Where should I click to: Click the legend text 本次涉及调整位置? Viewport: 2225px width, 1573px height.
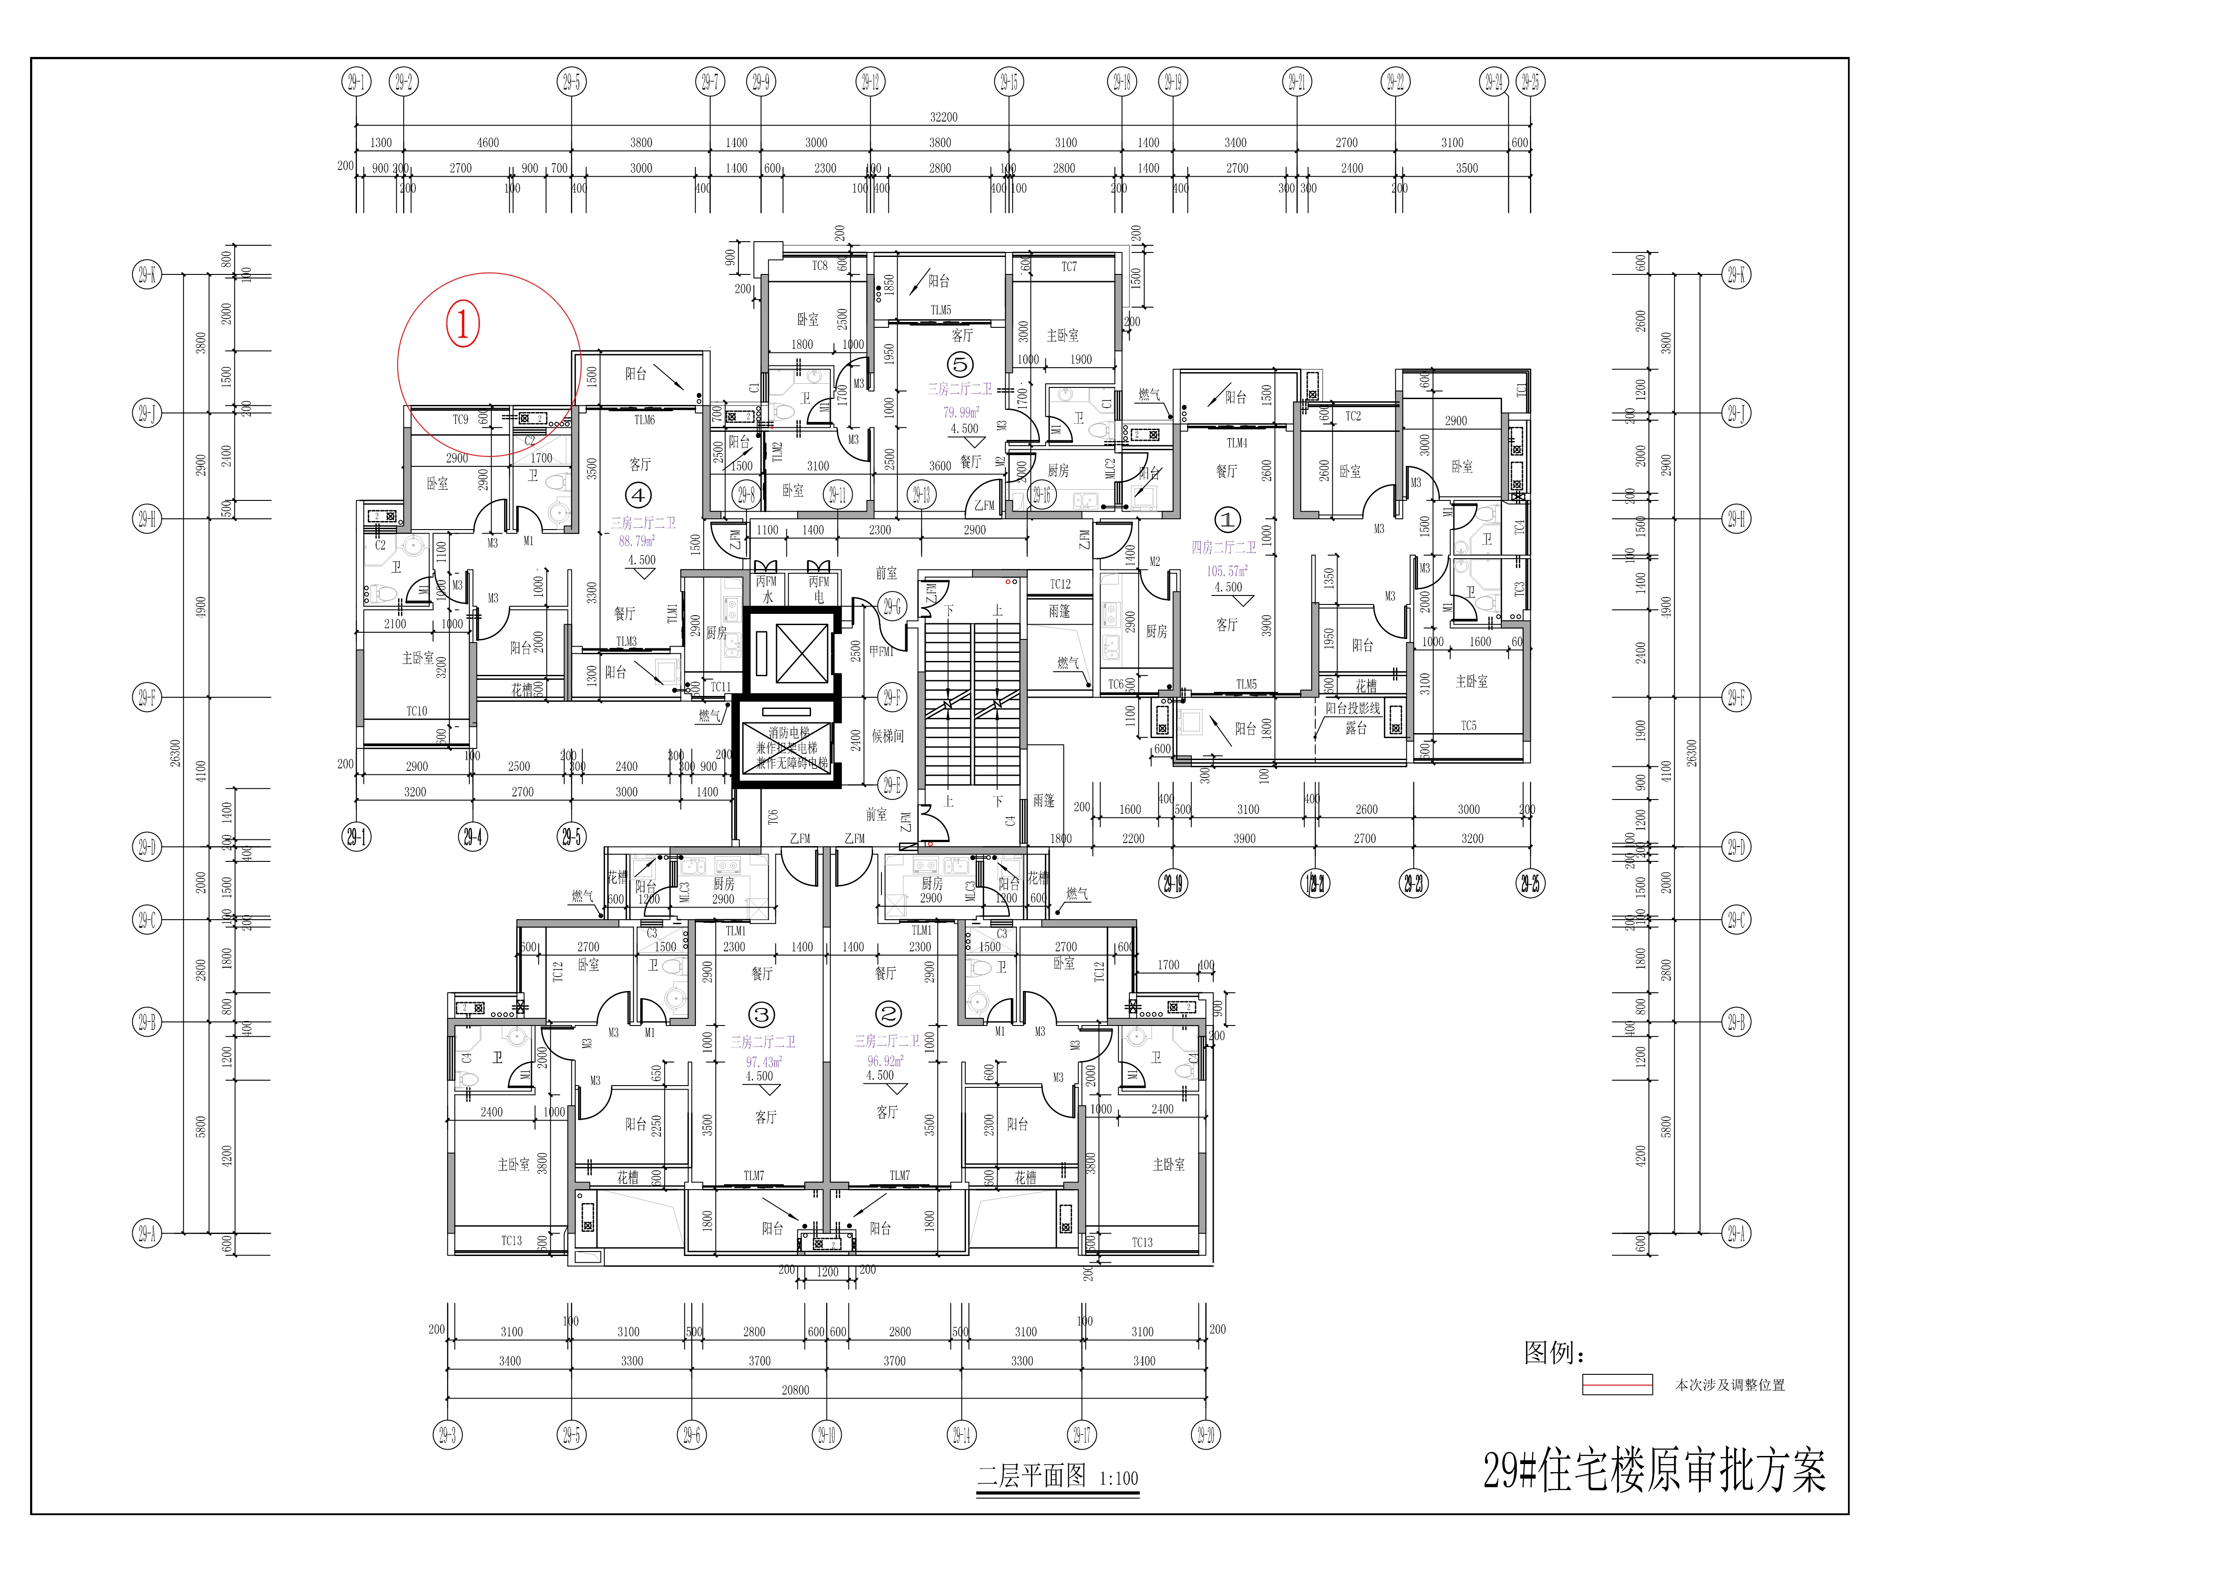point(1730,1385)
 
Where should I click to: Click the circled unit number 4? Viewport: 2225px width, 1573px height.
point(638,495)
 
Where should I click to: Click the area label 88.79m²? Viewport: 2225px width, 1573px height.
point(637,541)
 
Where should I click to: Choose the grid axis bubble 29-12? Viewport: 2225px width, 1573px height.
point(870,82)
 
